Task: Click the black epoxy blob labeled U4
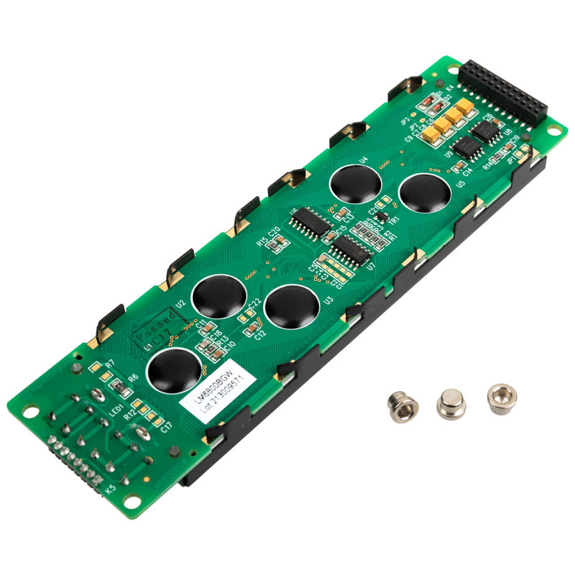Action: click(x=355, y=184)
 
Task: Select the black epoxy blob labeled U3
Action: click(x=291, y=307)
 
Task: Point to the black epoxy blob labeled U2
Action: click(x=218, y=296)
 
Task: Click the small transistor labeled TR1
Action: click(x=383, y=215)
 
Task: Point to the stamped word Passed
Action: click(x=155, y=326)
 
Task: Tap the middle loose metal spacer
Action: click(x=451, y=404)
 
